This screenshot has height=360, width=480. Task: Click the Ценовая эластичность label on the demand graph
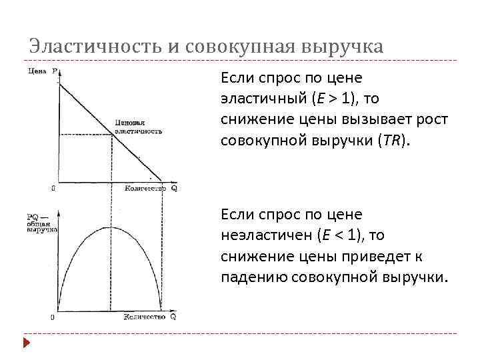click(x=139, y=127)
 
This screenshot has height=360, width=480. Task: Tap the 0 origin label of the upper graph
click(x=53, y=189)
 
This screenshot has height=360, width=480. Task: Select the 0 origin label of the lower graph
click(x=53, y=317)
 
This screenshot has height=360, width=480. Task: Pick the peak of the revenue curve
click(x=109, y=227)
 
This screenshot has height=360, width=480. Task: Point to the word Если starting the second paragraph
click(x=237, y=215)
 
